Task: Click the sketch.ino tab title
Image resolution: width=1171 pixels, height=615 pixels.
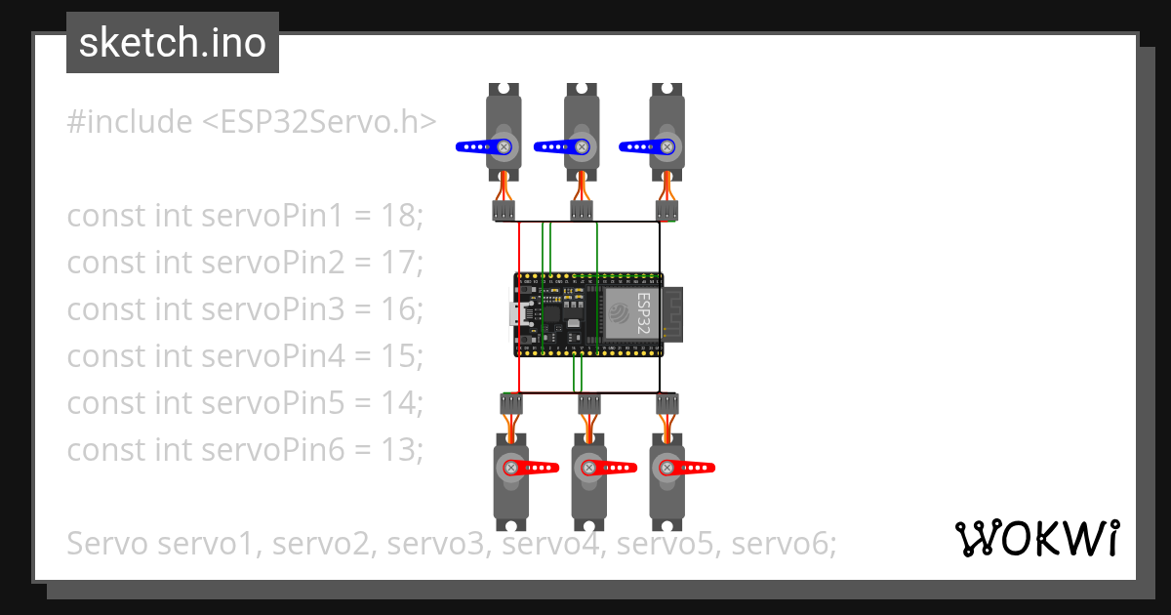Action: [172, 43]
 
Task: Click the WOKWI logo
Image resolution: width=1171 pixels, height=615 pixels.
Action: [1036, 538]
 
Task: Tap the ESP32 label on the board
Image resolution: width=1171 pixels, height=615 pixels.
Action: [643, 312]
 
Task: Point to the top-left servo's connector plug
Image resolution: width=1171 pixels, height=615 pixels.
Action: [504, 211]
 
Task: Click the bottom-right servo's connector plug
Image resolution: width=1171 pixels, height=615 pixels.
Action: [666, 404]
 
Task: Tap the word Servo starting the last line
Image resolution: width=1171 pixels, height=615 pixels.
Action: [107, 544]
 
